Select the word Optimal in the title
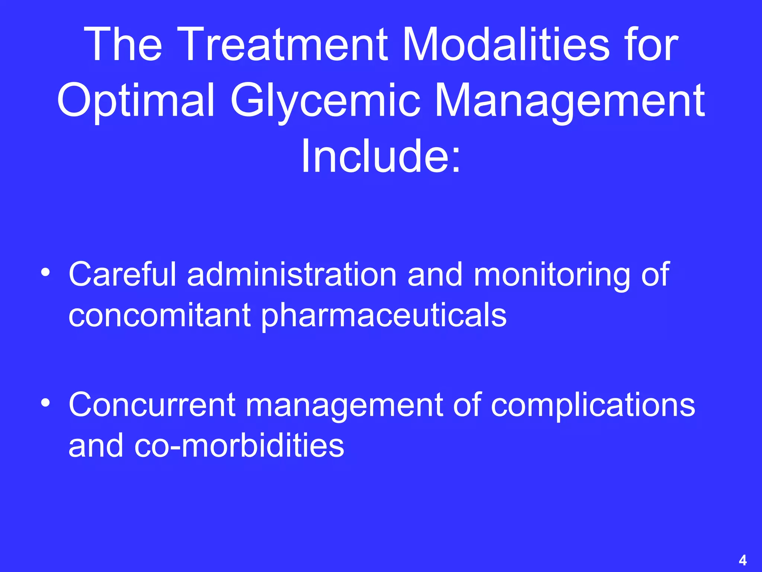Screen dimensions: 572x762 click(136, 101)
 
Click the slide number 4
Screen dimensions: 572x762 click(742, 560)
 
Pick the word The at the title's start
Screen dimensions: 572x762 click(123, 45)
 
